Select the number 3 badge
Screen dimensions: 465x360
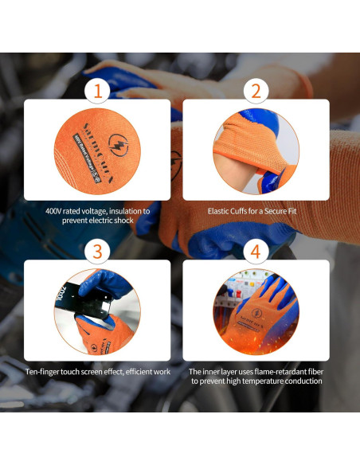coord(97,252)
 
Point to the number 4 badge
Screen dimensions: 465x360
coord(256,252)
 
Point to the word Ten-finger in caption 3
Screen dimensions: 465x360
coord(45,372)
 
